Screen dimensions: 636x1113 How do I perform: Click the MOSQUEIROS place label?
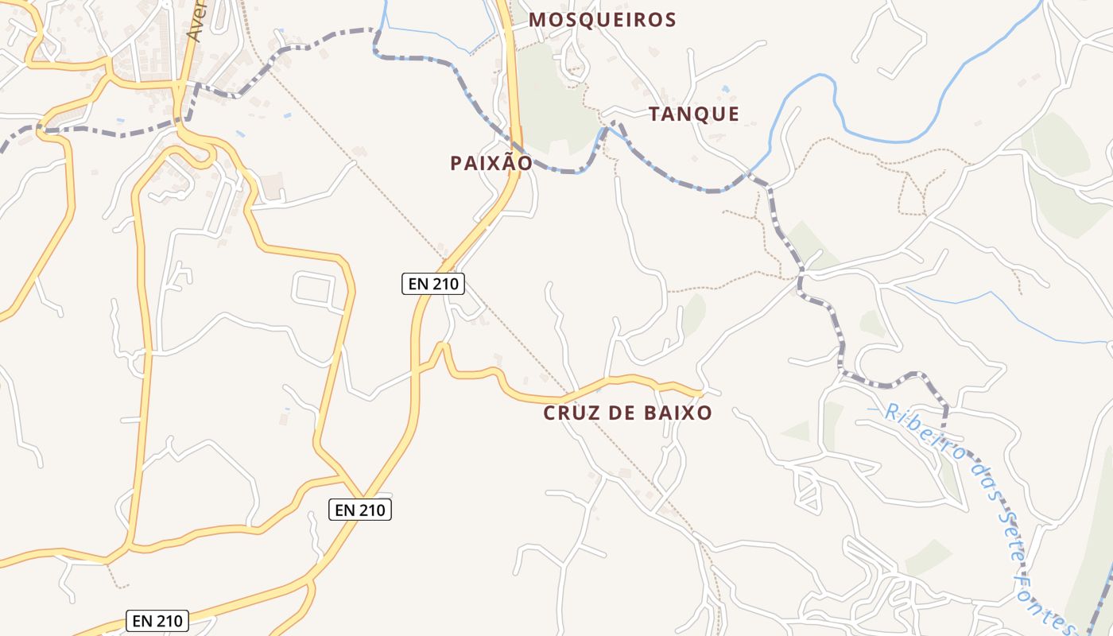click(x=602, y=20)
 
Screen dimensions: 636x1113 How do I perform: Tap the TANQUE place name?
click(x=693, y=114)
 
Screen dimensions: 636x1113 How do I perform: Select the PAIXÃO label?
click(x=491, y=163)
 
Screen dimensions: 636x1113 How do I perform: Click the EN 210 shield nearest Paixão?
click(x=432, y=284)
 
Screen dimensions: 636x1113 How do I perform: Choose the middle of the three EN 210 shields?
click(x=360, y=510)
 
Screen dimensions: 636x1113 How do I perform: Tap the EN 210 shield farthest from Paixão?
click(x=157, y=621)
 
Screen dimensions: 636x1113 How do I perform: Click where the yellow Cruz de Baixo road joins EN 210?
click(x=416, y=369)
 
